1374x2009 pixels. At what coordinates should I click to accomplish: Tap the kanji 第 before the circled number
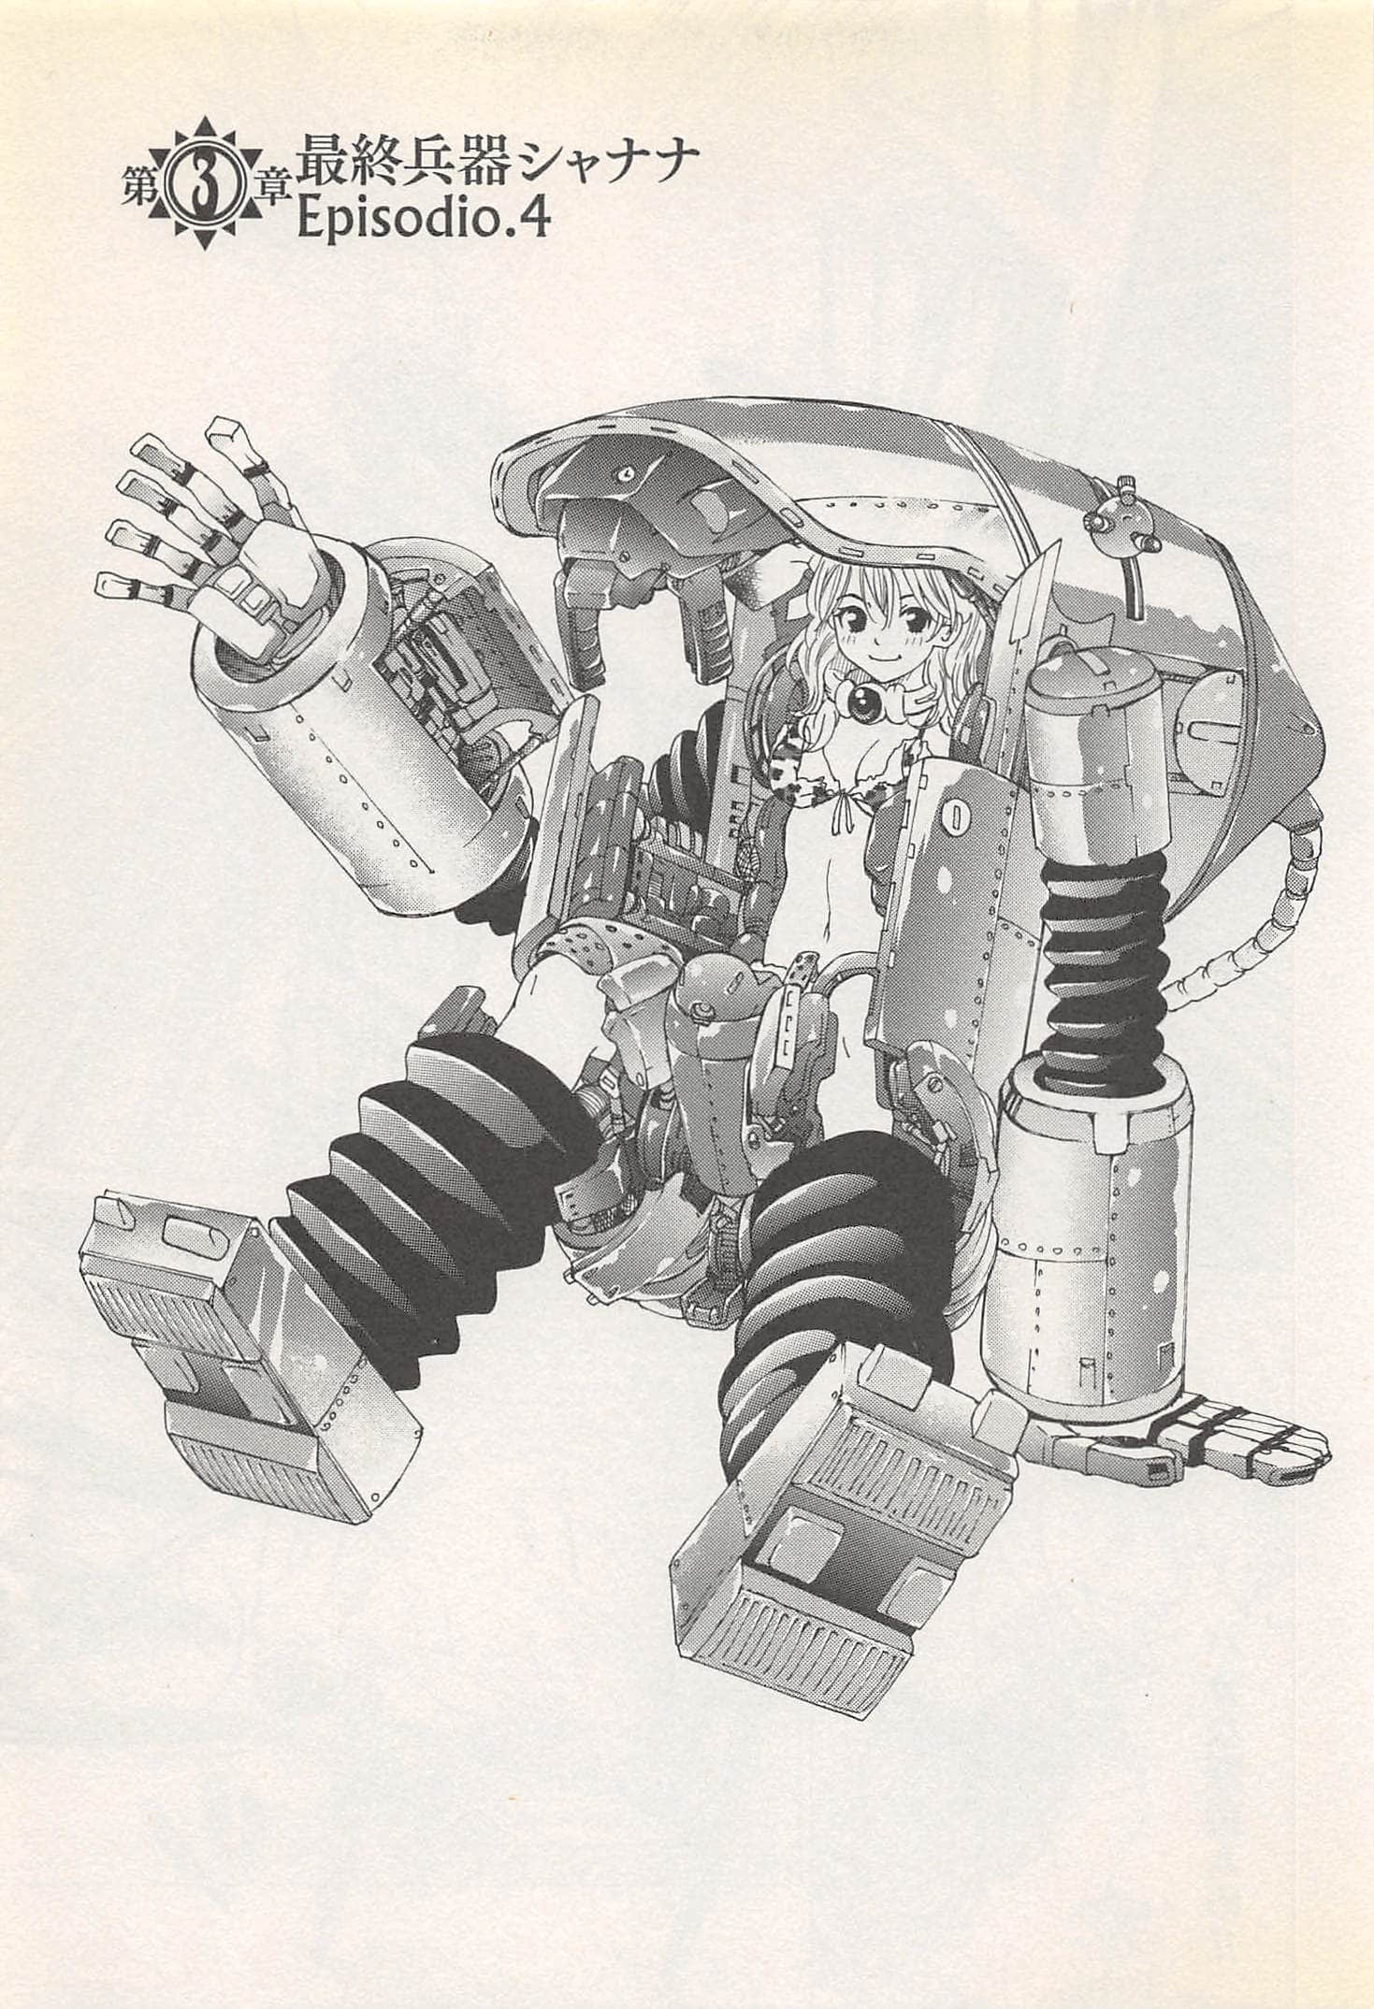point(141,189)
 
